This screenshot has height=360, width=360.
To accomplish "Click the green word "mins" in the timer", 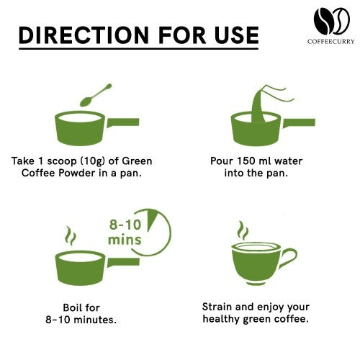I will pos(125,238).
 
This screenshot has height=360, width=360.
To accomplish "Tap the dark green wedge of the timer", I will pos(152,220).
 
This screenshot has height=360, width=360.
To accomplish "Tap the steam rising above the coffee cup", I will pos(243,231).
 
